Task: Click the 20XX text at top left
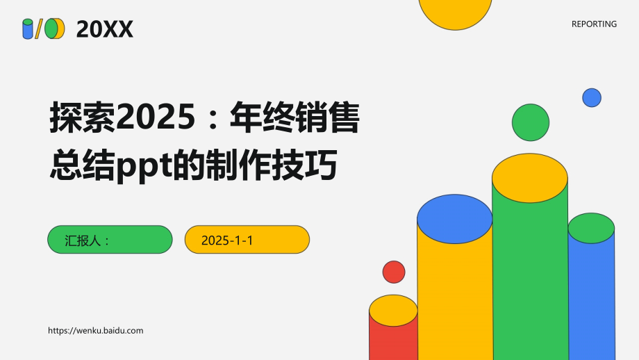point(105,29)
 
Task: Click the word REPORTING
point(594,24)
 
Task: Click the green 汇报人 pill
point(110,240)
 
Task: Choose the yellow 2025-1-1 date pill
point(247,240)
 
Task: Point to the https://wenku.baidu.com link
point(96,331)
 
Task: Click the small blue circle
point(592,98)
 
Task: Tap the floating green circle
point(531,122)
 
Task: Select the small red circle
point(394,272)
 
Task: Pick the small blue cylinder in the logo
point(28,29)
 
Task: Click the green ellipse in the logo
point(51,28)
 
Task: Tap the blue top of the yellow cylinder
point(455,218)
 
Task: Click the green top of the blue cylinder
point(591,228)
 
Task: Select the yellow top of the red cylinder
point(393,311)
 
